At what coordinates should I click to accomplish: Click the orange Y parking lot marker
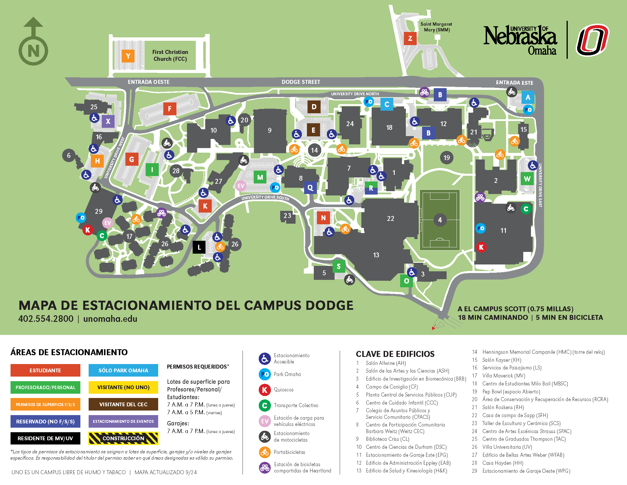(x=128, y=56)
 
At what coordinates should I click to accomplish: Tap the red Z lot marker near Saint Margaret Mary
(x=410, y=38)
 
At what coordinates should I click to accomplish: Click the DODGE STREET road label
(x=301, y=82)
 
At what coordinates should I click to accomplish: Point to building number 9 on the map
(x=270, y=130)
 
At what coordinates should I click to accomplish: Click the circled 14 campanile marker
(x=314, y=150)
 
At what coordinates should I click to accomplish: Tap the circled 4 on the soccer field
(x=440, y=220)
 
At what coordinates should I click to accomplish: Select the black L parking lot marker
(x=199, y=247)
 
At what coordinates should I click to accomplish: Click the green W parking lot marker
(x=527, y=179)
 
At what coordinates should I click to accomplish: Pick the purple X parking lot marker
(x=108, y=121)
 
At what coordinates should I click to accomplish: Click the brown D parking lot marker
(x=314, y=107)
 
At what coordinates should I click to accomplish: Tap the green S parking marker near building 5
(x=339, y=266)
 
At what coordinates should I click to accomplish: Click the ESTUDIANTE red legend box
(x=45, y=370)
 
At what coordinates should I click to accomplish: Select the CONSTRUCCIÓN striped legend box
(x=123, y=438)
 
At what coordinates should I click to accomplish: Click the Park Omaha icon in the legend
(x=265, y=374)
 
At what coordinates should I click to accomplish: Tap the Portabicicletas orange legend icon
(x=265, y=452)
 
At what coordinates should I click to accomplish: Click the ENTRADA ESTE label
(x=514, y=83)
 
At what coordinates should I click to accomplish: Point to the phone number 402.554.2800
(x=46, y=319)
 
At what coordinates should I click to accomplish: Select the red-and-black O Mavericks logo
(x=593, y=40)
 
